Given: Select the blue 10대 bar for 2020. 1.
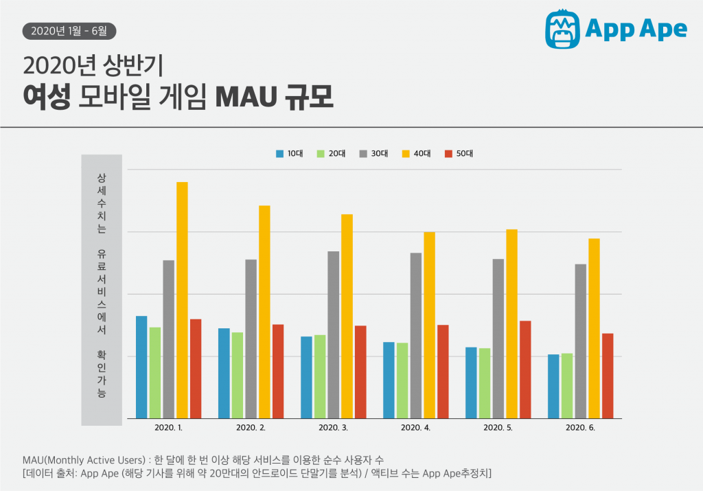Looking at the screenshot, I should pos(141,367).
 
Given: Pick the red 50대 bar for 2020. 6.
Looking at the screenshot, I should pos(608,376).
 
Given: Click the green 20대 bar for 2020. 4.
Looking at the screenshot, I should pos(402,380).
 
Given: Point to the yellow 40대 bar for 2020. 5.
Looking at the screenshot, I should pos(511,323).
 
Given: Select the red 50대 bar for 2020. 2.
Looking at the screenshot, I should pos(278,371).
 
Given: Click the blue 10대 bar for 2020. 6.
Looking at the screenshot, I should pos(553,386).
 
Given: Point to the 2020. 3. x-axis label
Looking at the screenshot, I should pos(333,428).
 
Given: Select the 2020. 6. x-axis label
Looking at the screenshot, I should pos(580,428).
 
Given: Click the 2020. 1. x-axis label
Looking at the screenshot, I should pos(168,428).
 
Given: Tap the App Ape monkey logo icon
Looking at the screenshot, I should pos(563,29).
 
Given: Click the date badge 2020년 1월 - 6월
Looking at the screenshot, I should pos(69,31).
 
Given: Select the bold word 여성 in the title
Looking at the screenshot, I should pos(46,97).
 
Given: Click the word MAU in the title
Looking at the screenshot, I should pos(244,97).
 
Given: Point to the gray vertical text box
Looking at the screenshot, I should pos(102,289).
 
